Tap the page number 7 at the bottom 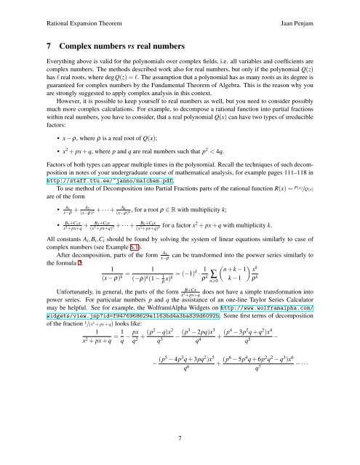180,438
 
